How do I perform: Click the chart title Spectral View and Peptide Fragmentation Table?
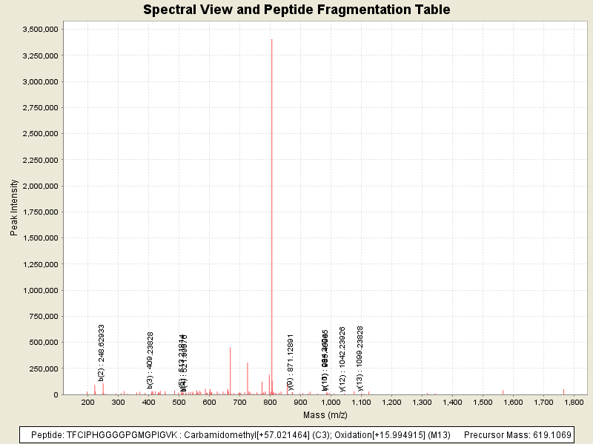pyautogui.click(x=296, y=10)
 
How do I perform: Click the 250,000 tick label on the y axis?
pyautogui.click(x=45, y=369)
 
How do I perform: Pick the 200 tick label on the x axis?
pyautogui.click(x=87, y=402)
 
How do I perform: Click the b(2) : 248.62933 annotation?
pyautogui.click(x=102, y=352)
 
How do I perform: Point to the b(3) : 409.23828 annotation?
pyautogui.click(x=150, y=360)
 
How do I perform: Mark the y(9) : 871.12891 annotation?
pyautogui.click(x=291, y=361)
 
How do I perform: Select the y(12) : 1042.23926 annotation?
pyautogui.click(x=342, y=358)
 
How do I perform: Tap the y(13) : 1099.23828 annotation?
pyautogui.click(x=360, y=358)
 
